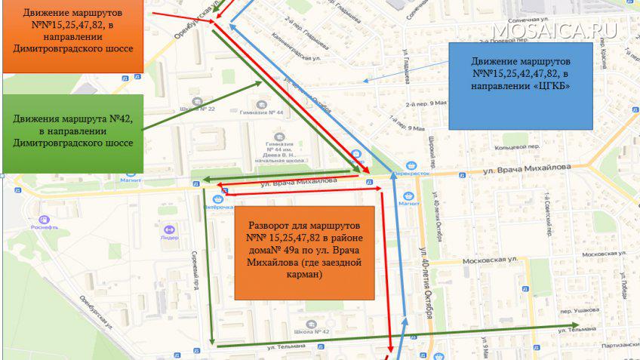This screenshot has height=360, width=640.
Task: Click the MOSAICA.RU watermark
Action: [555, 30]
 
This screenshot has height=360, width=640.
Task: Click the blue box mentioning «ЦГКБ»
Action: [521, 85]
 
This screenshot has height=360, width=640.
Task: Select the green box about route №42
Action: [73, 132]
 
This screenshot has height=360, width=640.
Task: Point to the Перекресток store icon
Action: [410, 166]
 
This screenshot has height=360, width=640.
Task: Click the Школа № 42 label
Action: [312, 331]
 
